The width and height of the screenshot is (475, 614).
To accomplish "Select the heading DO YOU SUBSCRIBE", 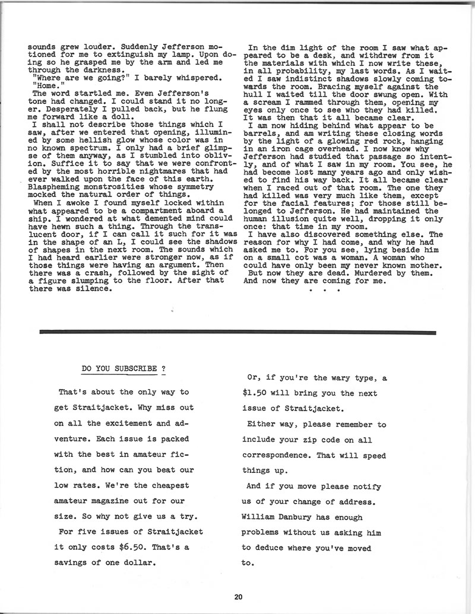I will point(123,368).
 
